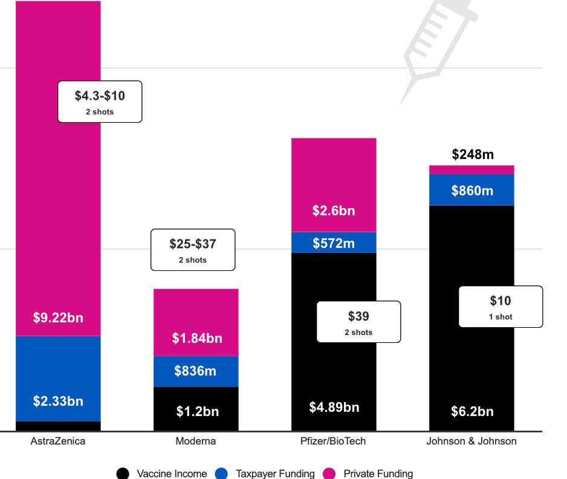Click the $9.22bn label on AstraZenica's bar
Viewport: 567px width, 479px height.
pos(58,318)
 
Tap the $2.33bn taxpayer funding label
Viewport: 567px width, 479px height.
pos(58,401)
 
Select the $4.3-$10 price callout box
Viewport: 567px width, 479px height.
pos(100,102)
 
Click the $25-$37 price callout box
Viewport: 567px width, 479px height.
pos(192,250)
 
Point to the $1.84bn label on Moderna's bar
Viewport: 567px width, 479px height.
pos(196,339)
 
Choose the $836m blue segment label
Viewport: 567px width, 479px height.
pos(195,371)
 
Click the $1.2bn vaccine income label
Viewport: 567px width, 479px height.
pos(198,412)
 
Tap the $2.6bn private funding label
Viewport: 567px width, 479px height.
pos(334,211)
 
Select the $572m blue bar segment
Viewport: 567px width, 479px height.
pos(334,243)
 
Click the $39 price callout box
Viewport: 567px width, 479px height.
pos(358,322)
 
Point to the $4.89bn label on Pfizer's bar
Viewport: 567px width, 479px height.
pos(334,408)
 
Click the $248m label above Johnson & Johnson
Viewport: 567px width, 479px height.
pos(472,155)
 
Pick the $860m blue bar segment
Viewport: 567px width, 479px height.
pos(472,191)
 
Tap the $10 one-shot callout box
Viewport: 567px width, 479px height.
pos(501,307)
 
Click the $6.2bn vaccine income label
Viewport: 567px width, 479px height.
pos(472,412)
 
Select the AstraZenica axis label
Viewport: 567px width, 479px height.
pos(58,441)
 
